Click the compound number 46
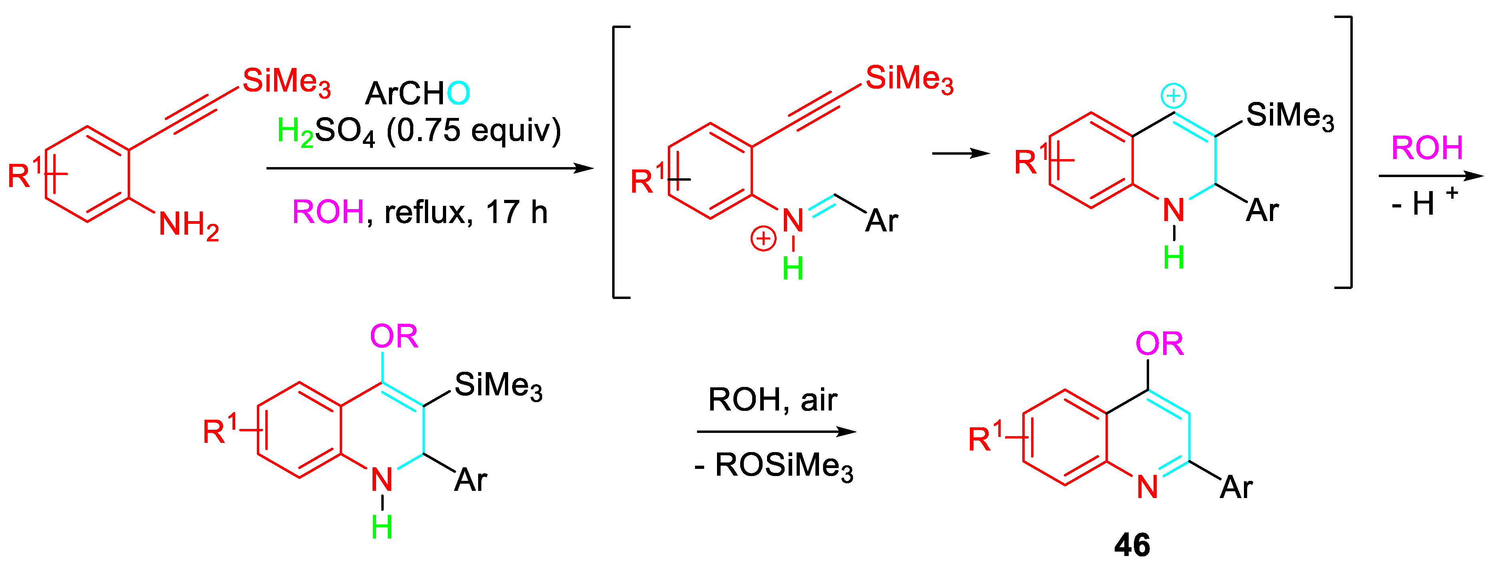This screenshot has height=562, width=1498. point(1132,544)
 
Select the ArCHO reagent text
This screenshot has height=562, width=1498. point(417,93)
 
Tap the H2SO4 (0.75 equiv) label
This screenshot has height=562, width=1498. point(419,131)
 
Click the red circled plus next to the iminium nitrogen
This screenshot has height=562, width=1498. point(763,239)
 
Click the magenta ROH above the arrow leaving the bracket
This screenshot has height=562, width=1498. point(1426,148)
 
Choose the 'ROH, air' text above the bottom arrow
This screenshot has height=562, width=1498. point(772,400)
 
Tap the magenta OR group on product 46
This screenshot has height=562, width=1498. point(1159,344)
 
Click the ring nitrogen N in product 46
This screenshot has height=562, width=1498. point(1147,487)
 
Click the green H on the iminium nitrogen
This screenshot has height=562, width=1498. point(793,269)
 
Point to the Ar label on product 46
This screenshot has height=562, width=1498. point(1236,487)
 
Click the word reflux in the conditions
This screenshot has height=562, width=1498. point(425,213)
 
